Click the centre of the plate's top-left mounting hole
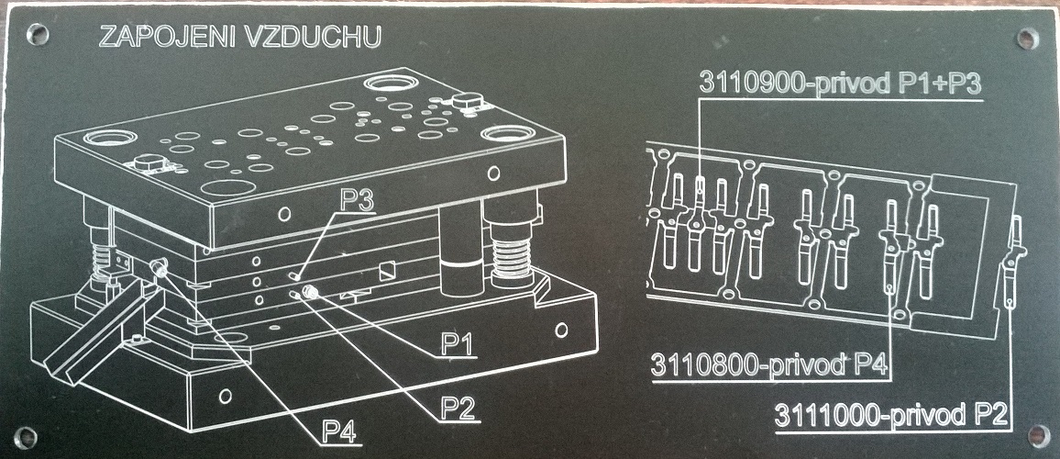[x=37, y=32]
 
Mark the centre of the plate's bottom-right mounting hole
[x=1038, y=434]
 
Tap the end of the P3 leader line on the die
[x=295, y=276]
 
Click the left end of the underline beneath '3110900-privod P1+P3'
[x=700, y=99]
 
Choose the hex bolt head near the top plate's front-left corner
[x=148, y=163]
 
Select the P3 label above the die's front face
[x=357, y=200]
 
